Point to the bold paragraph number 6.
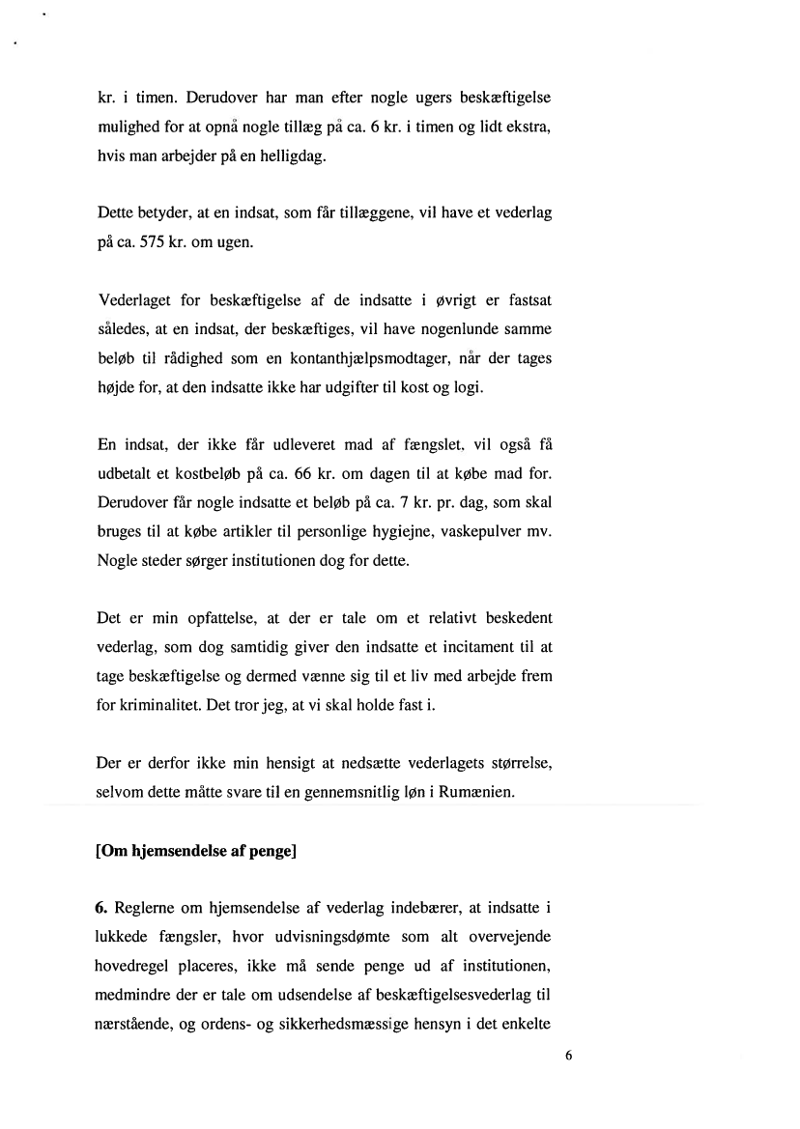[x=103, y=910]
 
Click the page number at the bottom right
[x=568, y=1056]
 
